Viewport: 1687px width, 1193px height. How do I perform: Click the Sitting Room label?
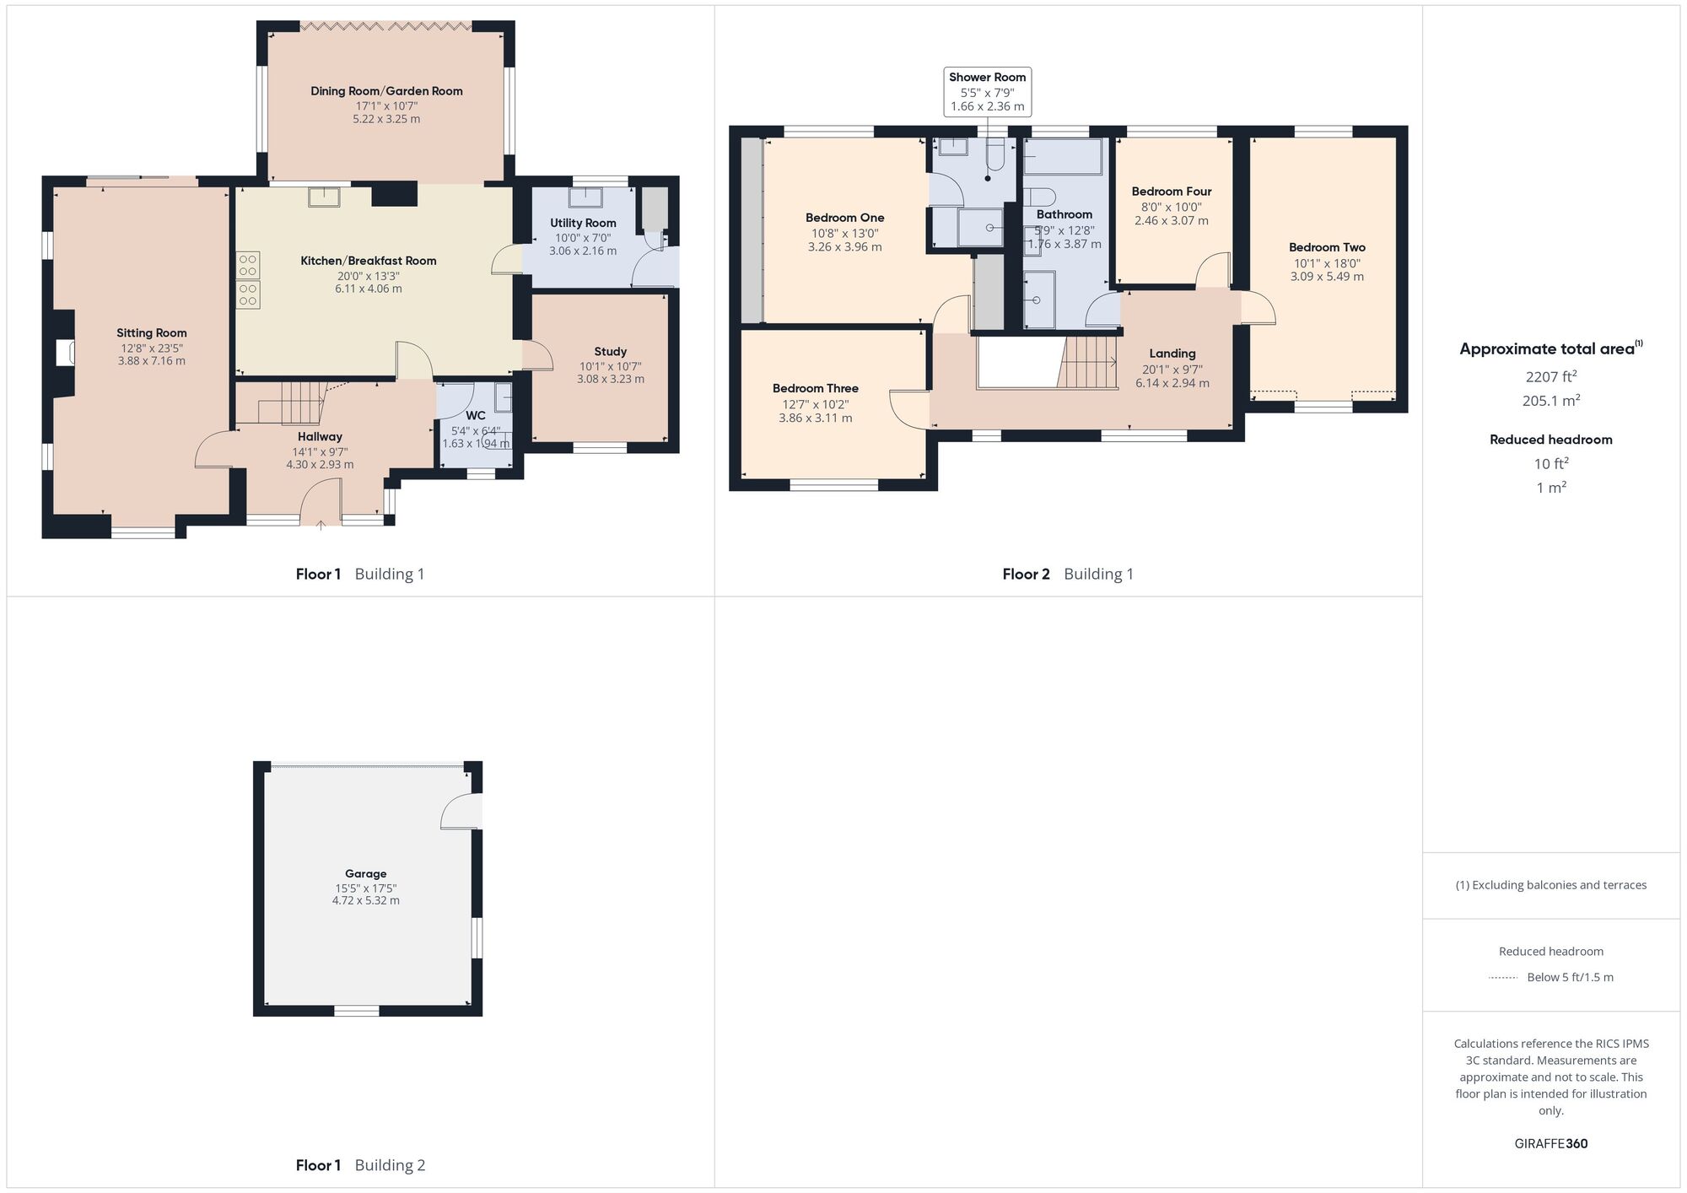(x=152, y=333)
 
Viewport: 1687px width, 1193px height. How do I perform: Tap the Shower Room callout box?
(x=987, y=91)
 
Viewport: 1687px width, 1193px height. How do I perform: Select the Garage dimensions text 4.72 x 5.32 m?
(x=365, y=900)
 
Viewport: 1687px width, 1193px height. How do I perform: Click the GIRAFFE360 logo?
(x=1550, y=1144)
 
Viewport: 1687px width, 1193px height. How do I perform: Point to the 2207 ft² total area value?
(x=1550, y=377)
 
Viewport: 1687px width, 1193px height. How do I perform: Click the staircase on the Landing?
(x=1088, y=362)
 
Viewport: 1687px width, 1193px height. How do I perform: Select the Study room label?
(x=610, y=352)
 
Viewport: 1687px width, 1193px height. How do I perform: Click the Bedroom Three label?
(x=815, y=389)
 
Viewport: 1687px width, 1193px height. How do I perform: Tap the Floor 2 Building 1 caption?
(x=1067, y=575)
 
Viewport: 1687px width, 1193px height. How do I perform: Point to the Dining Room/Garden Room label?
(x=386, y=91)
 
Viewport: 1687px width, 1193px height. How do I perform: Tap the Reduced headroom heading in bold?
(x=1550, y=440)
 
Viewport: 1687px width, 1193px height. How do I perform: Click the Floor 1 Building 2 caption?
(x=360, y=1165)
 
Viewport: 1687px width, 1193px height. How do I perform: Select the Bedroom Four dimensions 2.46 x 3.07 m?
(x=1171, y=221)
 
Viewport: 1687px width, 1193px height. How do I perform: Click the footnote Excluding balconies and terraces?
(x=1550, y=885)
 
